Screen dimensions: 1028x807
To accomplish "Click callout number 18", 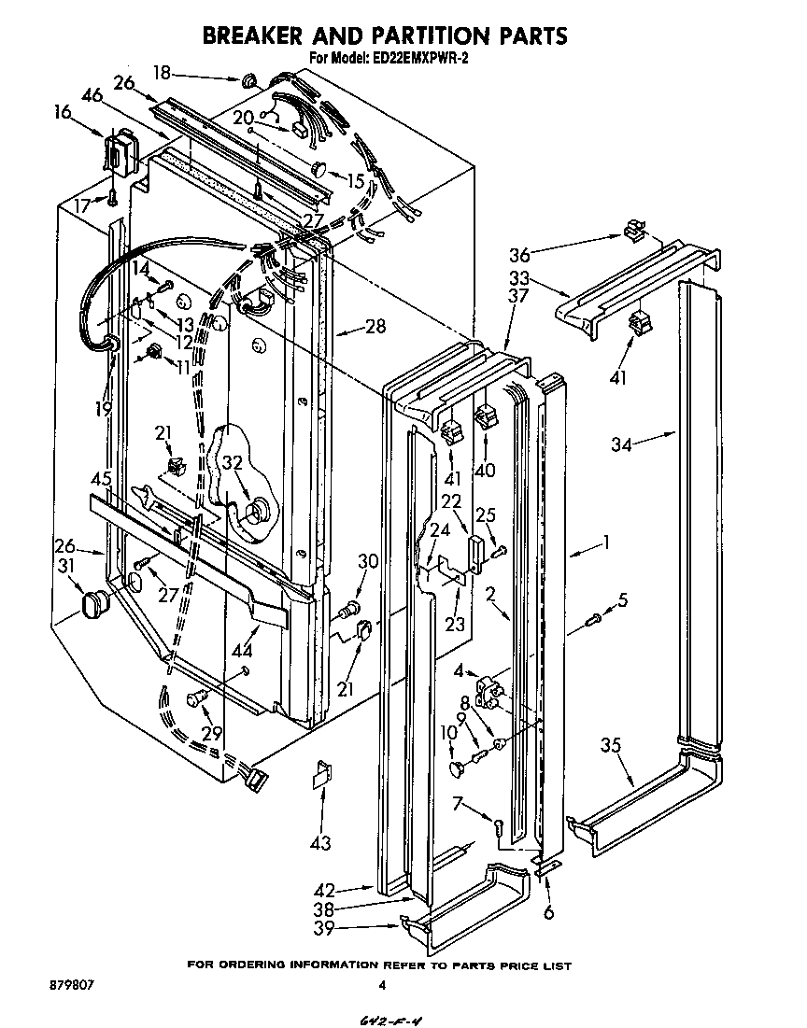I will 162,72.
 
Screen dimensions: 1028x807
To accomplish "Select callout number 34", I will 621,446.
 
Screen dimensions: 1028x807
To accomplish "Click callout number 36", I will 520,255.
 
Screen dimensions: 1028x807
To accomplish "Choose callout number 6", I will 547,912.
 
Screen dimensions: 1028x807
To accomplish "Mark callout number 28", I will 375,327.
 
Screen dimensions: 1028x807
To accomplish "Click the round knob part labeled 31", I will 93,604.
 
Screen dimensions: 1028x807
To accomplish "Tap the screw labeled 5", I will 593,617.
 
